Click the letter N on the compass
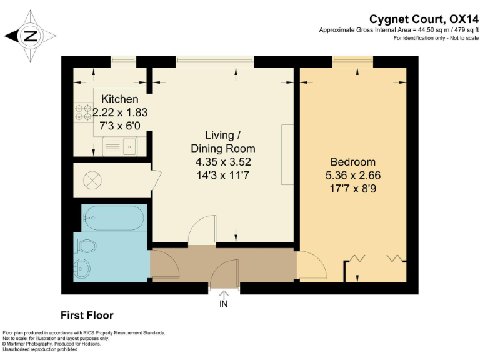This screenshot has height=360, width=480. (x=30, y=36)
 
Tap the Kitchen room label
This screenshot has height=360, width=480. (x=120, y=99)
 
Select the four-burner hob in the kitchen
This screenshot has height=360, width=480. (x=84, y=112)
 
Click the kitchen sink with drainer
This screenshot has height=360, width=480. (x=120, y=146)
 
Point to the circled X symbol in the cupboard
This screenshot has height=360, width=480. (x=92, y=180)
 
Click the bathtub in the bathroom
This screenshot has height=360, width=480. (x=114, y=217)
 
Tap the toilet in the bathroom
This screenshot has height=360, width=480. (x=87, y=246)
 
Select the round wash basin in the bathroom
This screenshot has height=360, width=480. (x=82, y=269)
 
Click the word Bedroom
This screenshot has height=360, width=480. (x=353, y=162)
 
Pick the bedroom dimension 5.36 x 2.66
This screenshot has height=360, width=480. (x=353, y=176)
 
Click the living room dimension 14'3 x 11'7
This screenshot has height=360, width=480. (x=223, y=176)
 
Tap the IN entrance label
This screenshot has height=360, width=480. (x=224, y=304)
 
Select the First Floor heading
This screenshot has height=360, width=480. (x=87, y=315)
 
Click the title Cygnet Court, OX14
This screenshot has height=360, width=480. (x=424, y=19)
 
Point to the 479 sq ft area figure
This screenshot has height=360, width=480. (x=466, y=30)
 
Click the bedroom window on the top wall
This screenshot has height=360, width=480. (x=352, y=62)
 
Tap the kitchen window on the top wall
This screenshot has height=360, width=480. (x=123, y=62)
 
